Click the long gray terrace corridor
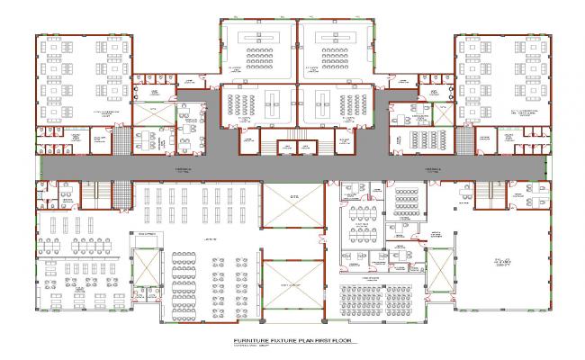tap(292, 166)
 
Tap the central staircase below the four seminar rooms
tap(292, 145)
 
